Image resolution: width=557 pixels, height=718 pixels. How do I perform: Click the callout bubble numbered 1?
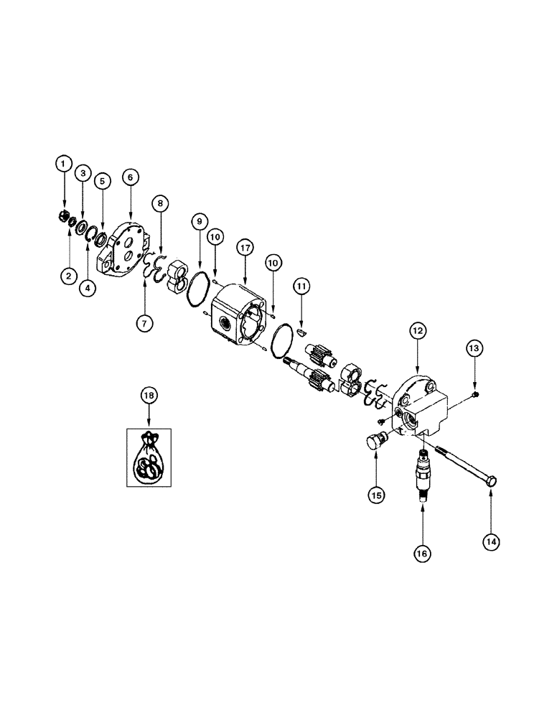[x=65, y=165]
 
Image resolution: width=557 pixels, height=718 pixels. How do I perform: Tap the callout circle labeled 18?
[x=149, y=396]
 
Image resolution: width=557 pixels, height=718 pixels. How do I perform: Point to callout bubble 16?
[x=422, y=554]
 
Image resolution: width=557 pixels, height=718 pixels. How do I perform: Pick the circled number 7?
[x=146, y=324]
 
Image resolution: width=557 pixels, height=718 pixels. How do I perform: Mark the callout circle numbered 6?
[x=131, y=177]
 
